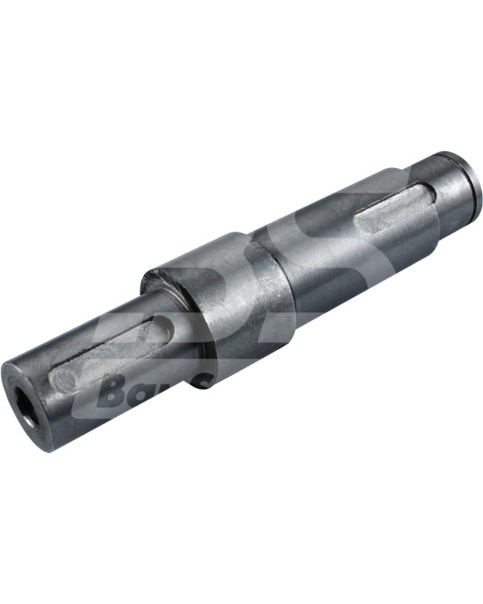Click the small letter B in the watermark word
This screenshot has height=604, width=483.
pos(113,391)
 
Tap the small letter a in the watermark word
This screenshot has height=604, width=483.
pos(143,395)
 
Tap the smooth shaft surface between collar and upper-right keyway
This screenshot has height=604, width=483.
pos(313,259)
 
